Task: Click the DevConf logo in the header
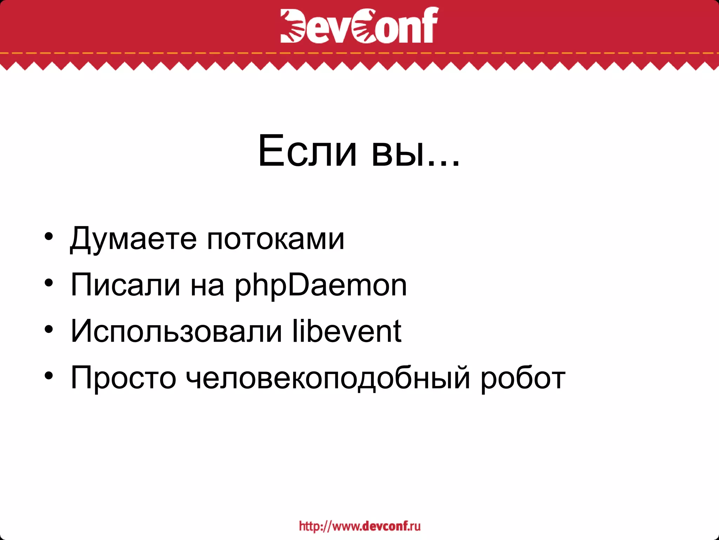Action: [x=359, y=25]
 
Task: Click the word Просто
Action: [x=123, y=378]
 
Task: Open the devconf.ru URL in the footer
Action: [x=359, y=526]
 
